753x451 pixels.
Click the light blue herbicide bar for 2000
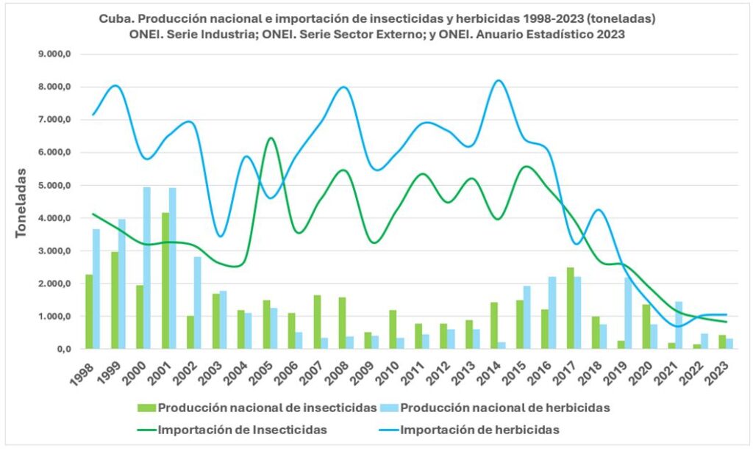tap(147, 268)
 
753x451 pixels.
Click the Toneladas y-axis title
tap(22, 202)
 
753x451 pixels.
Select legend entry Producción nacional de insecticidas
tap(257, 408)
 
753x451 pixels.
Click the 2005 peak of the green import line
tap(271, 138)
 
